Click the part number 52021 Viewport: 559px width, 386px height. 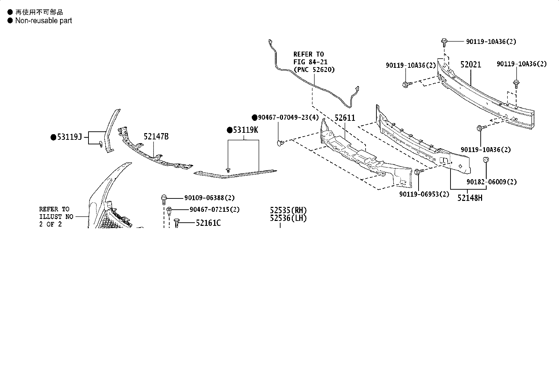point(471,65)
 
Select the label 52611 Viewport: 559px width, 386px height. point(344,118)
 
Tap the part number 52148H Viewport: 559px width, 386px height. point(470,198)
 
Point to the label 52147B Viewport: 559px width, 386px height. point(156,137)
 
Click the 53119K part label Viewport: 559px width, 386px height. point(245,130)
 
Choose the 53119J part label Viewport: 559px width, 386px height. point(70,137)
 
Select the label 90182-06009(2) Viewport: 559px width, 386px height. point(492,182)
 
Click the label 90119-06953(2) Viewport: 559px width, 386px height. point(424,194)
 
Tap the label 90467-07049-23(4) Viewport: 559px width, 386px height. point(288,117)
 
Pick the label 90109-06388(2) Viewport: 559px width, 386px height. point(209,198)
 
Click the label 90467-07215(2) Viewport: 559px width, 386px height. point(215,209)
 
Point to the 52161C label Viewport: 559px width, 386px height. point(208,223)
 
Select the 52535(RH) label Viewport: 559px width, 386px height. point(288,210)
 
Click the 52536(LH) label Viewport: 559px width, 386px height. point(288,218)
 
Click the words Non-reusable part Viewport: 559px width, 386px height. point(44,20)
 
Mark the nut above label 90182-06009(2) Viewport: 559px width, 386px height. point(486,159)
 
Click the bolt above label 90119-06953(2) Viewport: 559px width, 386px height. point(419,171)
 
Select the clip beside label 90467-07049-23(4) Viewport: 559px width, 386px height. point(281,143)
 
